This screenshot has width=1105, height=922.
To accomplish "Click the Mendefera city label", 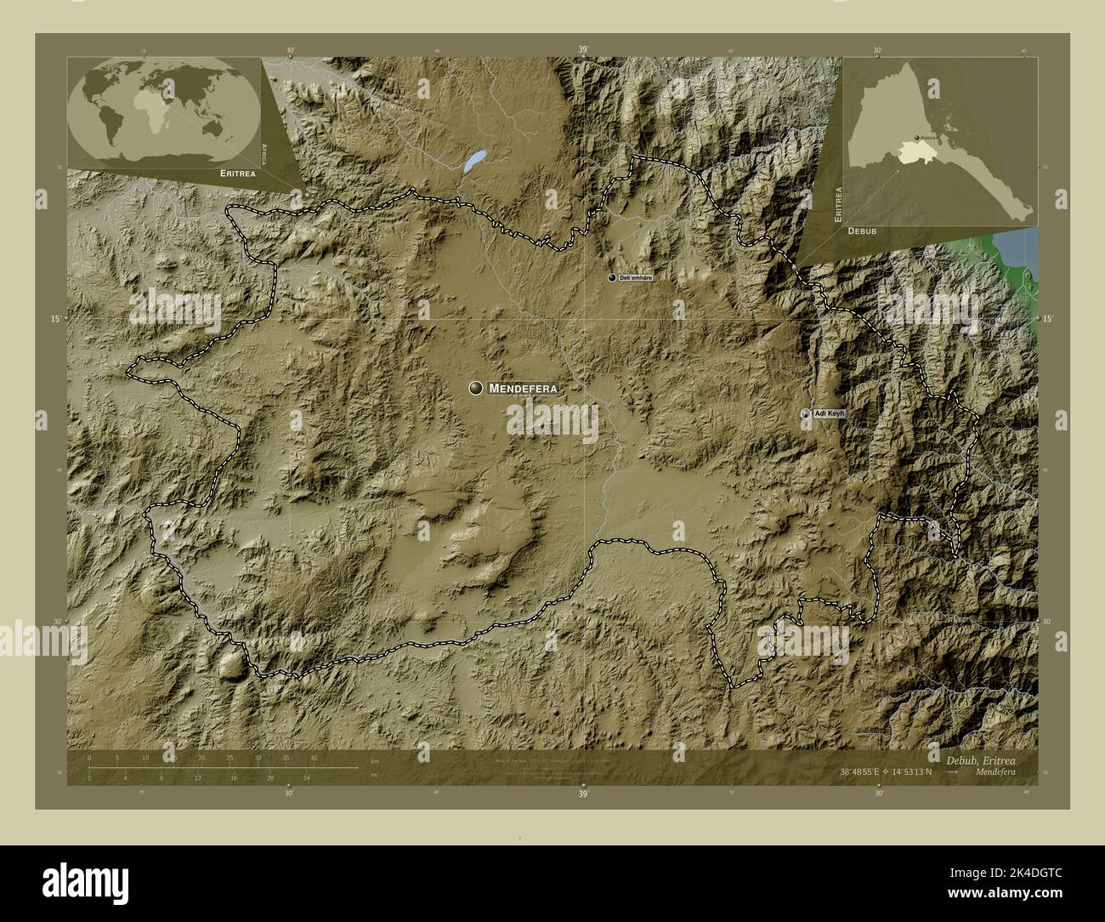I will pyautogui.click(x=524, y=389).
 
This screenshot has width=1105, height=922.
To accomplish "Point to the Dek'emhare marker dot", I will pyautogui.click(x=611, y=278).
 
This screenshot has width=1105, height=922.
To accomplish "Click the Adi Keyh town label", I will pyautogui.click(x=830, y=413).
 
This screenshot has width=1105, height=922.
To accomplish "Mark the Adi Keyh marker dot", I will pyautogui.click(x=806, y=413).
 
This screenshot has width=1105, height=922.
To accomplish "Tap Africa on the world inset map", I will pyautogui.click(x=155, y=117).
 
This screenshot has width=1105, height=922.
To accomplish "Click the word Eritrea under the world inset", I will pyautogui.click(x=235, y=173).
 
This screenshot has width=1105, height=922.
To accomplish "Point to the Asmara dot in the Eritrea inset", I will pyautogui.click(x=915, y=138).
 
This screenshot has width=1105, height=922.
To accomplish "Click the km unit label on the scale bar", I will pyautogui.click(x=375, y=760).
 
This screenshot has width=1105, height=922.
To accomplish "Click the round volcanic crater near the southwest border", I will pyautogui.click(x=230, y=665).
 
